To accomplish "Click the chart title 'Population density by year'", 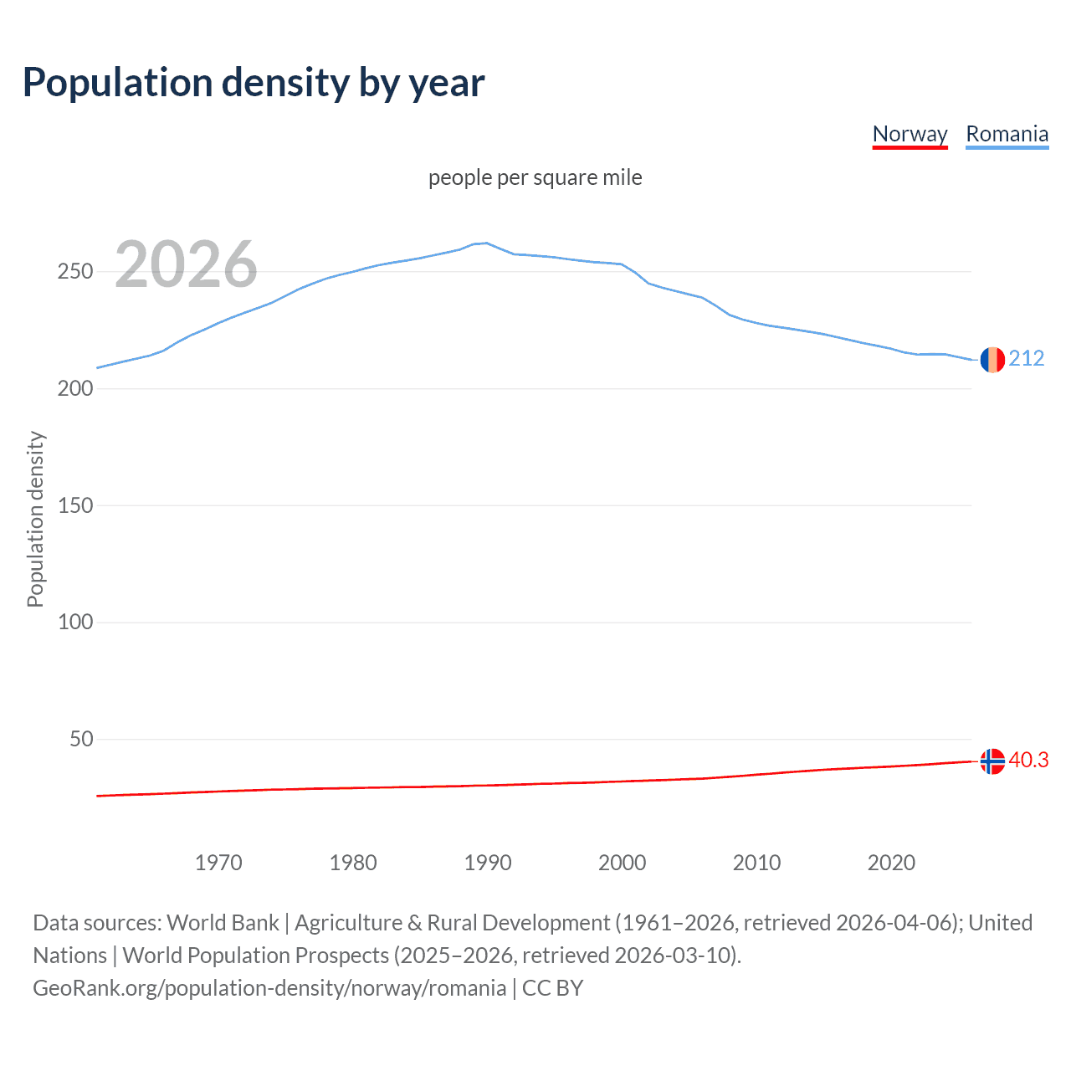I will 254,83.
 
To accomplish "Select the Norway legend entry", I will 910,134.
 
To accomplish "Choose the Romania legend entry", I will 1007,134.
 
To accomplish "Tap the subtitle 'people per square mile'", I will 535,177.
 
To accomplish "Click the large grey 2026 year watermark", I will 186,264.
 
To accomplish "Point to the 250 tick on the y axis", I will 74,272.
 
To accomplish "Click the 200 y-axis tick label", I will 74,389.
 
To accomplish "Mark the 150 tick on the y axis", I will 74,505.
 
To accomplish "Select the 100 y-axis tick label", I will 74,623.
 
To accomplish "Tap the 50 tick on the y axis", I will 81,740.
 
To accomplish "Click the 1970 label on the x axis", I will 218,863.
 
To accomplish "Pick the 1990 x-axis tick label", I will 488,863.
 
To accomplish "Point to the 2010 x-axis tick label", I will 756,863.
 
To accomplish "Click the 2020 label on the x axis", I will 891,863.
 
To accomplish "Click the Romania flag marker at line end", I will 992,360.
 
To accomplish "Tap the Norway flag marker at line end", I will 992,761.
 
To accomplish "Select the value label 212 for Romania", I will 1027,359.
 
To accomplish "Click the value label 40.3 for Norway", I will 1028,761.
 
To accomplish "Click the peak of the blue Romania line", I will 486,243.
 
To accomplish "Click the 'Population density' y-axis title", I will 35,519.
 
